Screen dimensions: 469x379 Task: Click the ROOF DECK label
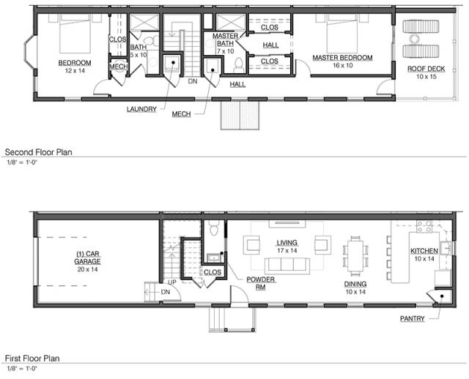(426, 69)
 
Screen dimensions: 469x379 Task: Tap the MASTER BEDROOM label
(342, 58)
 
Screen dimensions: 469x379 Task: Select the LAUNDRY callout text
(141, 109)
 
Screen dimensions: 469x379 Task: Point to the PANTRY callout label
(412, 319)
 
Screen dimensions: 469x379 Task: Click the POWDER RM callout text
(261, 283)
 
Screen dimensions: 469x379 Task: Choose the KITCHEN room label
(424, 251)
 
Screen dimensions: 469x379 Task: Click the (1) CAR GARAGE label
(87, 258)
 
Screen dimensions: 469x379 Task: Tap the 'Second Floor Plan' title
(38, 152)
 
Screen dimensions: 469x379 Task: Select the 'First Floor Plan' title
(32, 358)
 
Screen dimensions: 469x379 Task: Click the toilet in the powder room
(214, 228)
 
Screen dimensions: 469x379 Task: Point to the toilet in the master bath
(239, 66)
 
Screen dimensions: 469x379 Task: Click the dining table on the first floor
(355, 256)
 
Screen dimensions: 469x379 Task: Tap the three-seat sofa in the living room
(287, 266)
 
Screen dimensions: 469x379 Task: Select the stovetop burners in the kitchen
(424, 226)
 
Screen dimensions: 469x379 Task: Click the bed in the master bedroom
(342, 34)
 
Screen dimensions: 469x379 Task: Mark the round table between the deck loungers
(415, 39)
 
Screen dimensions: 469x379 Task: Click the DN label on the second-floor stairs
(193, 81)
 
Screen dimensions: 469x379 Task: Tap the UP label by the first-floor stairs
(172, 282)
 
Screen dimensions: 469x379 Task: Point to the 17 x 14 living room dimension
(287, 250)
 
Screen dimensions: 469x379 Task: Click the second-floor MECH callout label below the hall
(181, 114)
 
